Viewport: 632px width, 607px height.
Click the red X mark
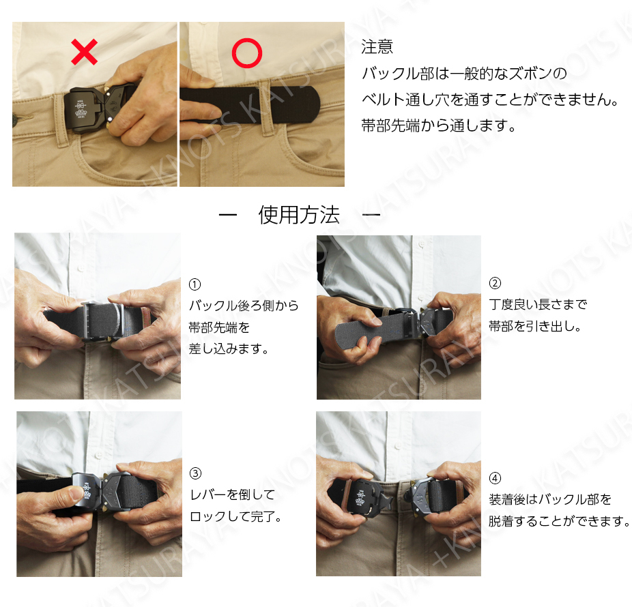click(x=84, y=52)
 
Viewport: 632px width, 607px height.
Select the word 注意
click(x=377, y=47)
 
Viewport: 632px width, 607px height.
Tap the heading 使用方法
click(x=299, y=215)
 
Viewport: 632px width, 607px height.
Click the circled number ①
click(x=195, y=284)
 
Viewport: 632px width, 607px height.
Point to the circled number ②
click(x=495, y=283)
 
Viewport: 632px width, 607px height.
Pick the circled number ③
click(x=195, y=473)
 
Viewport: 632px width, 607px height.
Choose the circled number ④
click(x=495, y=478)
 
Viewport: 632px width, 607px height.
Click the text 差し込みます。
click(x=229, y=349)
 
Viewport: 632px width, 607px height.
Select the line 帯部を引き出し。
click(x=535, y=326)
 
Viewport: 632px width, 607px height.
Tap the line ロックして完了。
click(x=235, y=516)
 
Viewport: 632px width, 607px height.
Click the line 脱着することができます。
click(x=559, y=521)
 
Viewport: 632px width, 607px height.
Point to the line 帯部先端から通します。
click(x=439, y=126)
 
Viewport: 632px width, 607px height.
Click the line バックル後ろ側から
click(x=244, y=306)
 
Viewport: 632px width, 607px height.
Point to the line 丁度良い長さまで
click(x=538, y=304)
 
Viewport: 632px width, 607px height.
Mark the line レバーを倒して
click(x=233, y=494)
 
